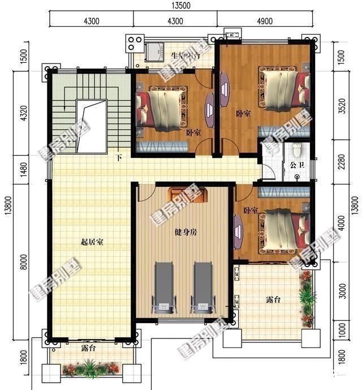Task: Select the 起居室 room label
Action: [x=92, y=242]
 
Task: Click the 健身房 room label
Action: [x=186, y=232]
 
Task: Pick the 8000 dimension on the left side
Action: [x=23, y=262]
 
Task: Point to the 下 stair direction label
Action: [x=119, y=157]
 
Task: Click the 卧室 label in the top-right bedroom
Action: [x=243, y=113]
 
